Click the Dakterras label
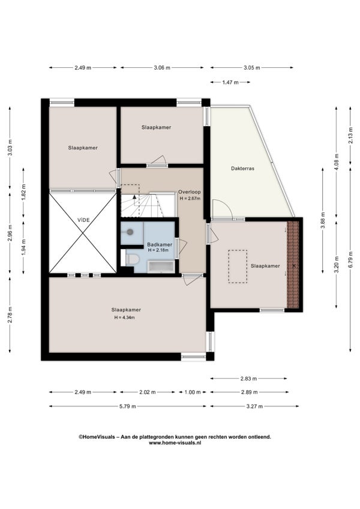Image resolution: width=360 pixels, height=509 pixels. pyautogui.click(x=242, y=169)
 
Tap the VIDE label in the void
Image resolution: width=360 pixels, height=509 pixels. pyautogui.click(x=83, y=220)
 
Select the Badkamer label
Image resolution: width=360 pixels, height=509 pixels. pyautogui.click(x=160, y=244)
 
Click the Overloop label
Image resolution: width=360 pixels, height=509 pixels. pyautogui.click(x=189, y=192)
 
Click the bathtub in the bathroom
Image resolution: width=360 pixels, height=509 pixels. pyautogui.click(x=161, y=267)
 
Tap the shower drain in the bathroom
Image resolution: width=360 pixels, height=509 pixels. pyautogui.click(x=130, y=232)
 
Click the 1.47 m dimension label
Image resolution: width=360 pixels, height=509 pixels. pyautogui.click(x=230, y=82)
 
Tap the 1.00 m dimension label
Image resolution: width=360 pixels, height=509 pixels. pyautogui.click(x=193, y=392)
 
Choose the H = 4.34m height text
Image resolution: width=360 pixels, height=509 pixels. pyautogui.click(x=125, y=318)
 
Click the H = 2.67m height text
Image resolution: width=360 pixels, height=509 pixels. pyautogui.click(x=190, y=198)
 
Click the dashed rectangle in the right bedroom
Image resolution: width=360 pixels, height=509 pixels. pyautogui.click(x=237, y=267)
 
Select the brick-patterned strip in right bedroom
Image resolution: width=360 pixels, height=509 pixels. pyautogui.click(x=293, y=265)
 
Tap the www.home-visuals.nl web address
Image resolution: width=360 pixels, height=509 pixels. pyautogui.click(x=175, y=443)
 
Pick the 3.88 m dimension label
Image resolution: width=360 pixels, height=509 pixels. pyautogui.click(x=323, y=220)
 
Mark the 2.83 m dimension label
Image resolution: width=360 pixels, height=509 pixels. pyautogui.click(x=248, y=379)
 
